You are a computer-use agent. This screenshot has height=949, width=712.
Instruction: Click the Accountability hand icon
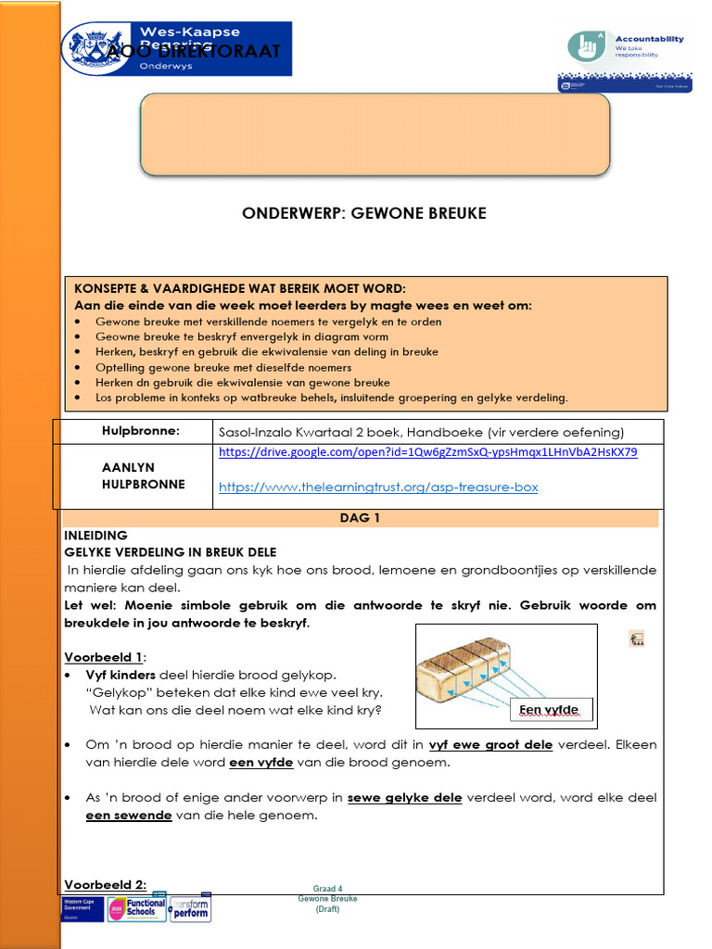587,46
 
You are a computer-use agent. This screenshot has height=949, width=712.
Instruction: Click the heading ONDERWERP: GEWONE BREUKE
363,213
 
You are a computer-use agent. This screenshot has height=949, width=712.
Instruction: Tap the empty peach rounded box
375,133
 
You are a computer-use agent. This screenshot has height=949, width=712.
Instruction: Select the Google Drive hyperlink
427,452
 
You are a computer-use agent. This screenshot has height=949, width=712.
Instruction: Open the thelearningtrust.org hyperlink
377,487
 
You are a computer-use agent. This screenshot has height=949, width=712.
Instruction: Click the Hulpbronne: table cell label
140,431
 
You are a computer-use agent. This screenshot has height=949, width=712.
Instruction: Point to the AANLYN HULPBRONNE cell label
143,476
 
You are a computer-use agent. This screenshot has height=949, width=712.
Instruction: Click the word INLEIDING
95,535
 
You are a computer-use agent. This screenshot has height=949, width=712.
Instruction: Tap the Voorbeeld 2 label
105,884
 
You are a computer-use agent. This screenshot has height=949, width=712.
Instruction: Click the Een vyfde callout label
549,710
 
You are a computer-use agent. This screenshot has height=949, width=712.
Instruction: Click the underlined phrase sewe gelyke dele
404,797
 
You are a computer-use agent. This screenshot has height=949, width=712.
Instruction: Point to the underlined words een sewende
128,815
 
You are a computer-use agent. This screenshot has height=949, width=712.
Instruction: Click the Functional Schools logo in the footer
138,908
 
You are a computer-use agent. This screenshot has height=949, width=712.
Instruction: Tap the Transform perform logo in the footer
190,908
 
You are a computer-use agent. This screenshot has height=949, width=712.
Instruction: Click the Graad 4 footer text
327,889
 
